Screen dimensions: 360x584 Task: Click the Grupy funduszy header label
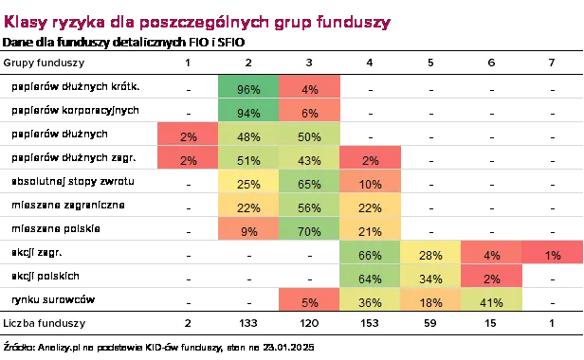click(x=45, y=63)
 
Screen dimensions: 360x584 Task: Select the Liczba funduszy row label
click(x=45, y=323)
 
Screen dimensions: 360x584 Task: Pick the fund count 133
click(x=247, y=323)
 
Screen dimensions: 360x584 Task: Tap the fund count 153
click(x=370, y=323)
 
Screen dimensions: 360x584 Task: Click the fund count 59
click(x=430, y=323)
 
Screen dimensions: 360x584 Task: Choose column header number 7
click(x=554, y=63)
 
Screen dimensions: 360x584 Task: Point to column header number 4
click(x=370, y=63)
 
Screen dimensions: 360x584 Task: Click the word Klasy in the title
click(x=24, y=21)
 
